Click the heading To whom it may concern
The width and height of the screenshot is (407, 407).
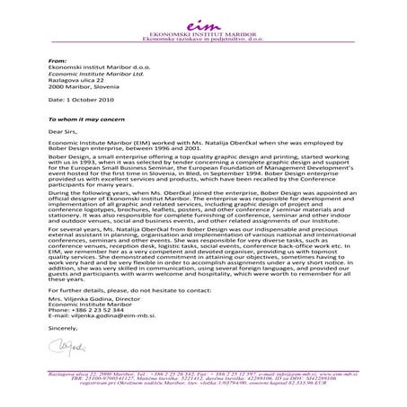pos(88,119)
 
